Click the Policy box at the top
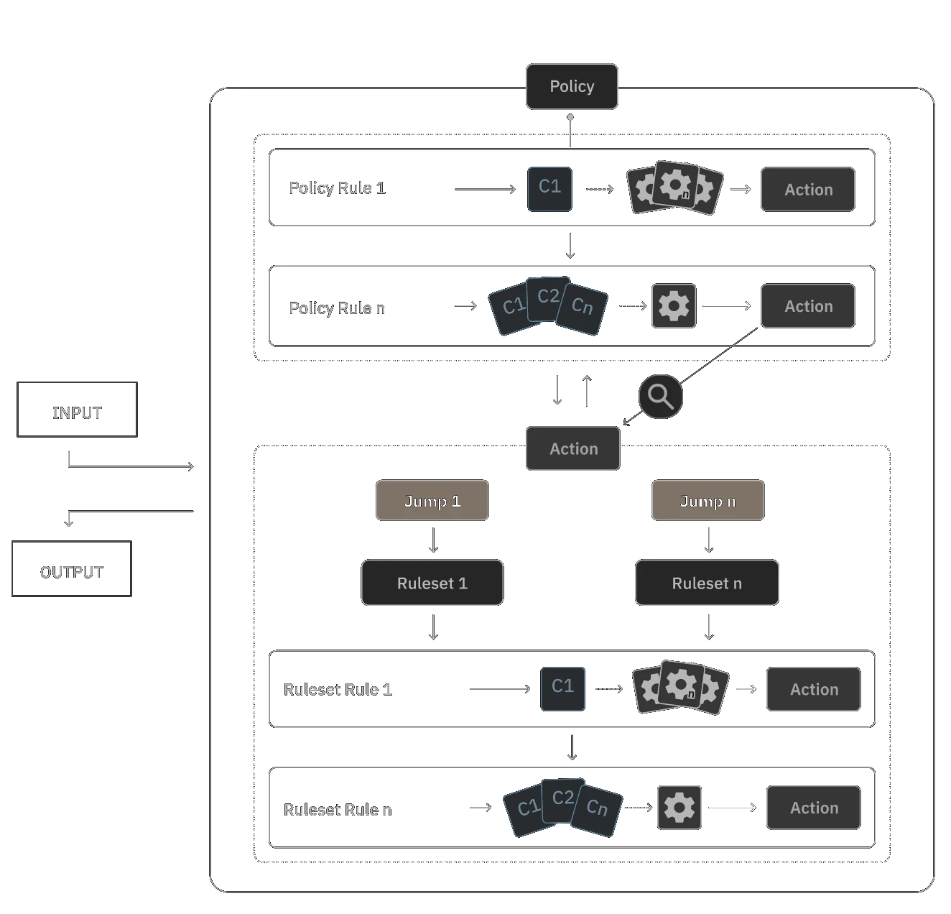[572, 87]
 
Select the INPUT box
[75, 411]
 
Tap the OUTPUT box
[72, 570]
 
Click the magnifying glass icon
[660, 396]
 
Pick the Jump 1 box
[432, 501]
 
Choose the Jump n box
[708, 501]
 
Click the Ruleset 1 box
[432, 583]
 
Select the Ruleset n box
[707, 583]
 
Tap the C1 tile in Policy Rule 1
[549, 189]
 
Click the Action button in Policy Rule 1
[808, 190]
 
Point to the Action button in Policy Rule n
[808, 306]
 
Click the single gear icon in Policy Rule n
[674, 306]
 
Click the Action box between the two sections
[572, 449]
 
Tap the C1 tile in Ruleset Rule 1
[562, 688]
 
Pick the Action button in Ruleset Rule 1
[814, 690]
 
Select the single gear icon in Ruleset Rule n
[679, 808]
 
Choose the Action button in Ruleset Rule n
[814, 808]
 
